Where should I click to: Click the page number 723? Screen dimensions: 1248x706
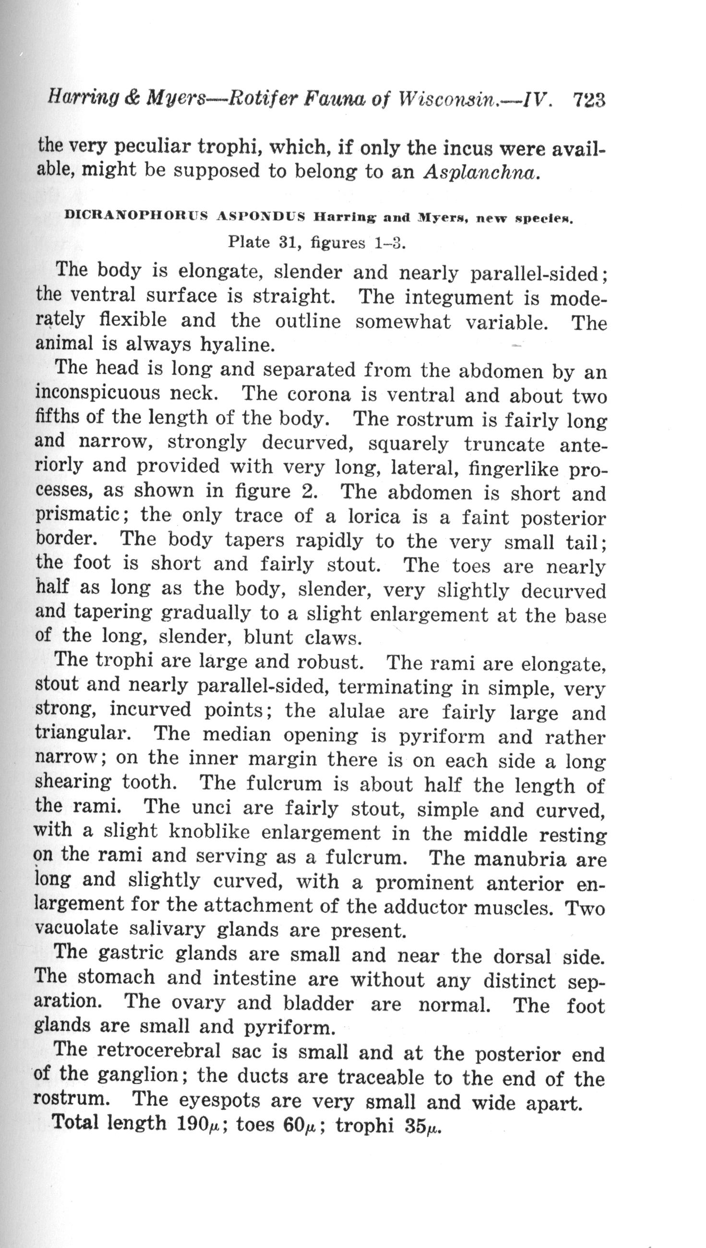pos(589,100)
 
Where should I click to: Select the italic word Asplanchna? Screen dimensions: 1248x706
pos(480,173)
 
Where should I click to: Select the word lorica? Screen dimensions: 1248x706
pos(374,517)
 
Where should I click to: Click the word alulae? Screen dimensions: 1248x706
pos(357,711)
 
